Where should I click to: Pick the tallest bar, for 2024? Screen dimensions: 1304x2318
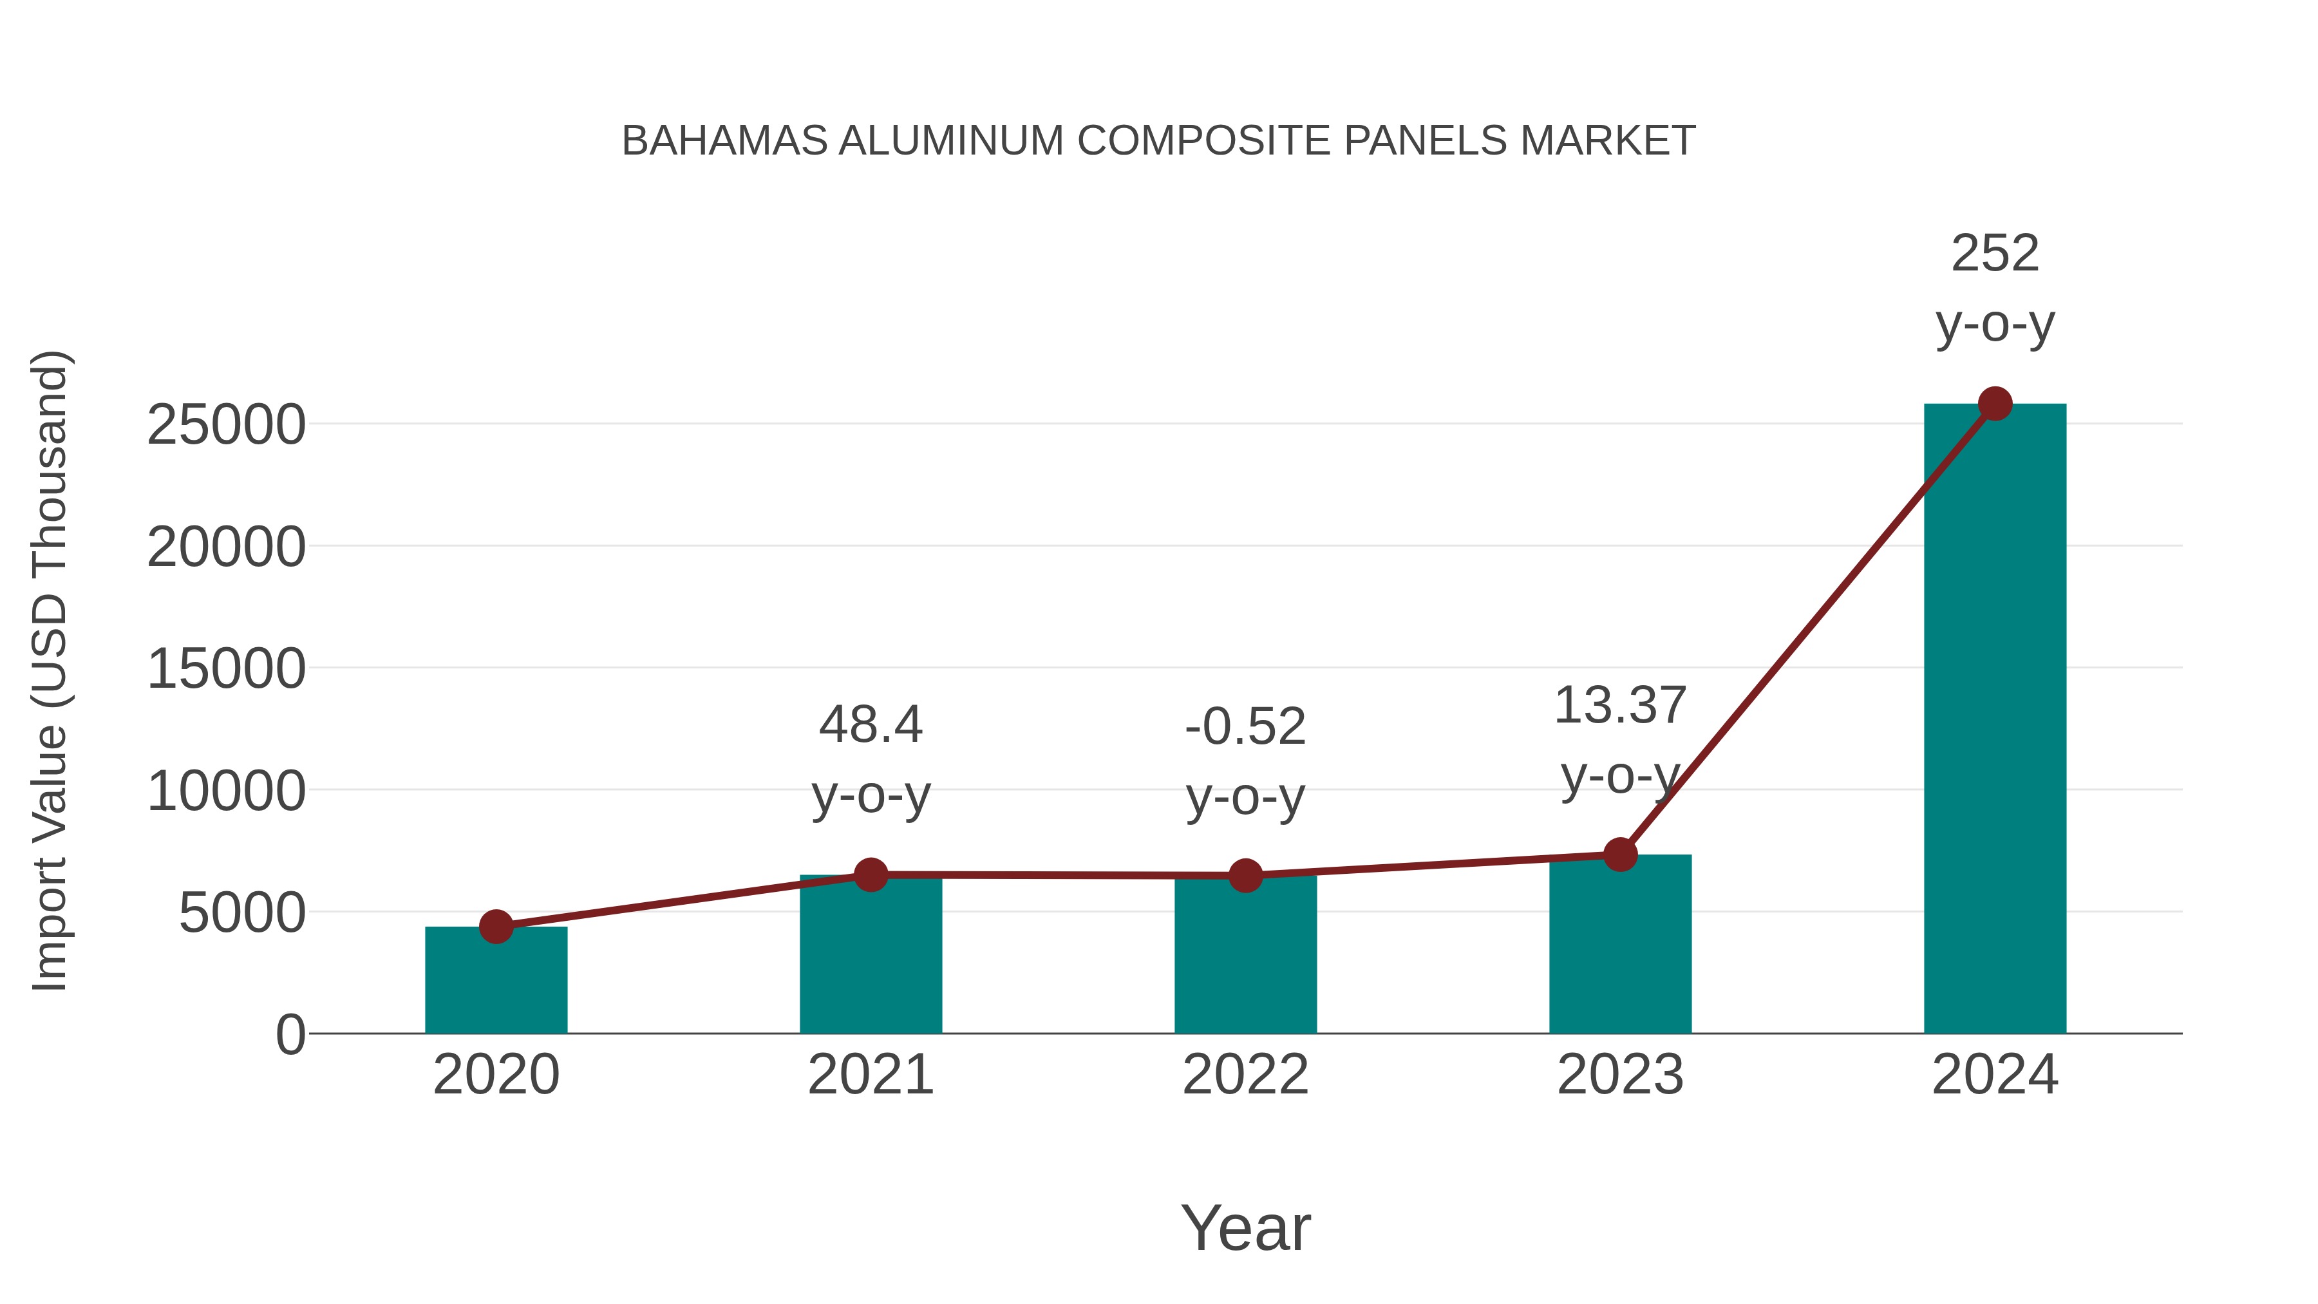click(x=1995, y=720)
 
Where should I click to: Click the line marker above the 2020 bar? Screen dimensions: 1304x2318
click(x=496, y=926)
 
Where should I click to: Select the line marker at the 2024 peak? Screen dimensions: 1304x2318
click(x=1995, y=404)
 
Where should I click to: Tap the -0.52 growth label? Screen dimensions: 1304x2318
click(x=1245, y=726)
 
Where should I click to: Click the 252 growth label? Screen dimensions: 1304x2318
click(x=1995, y=253)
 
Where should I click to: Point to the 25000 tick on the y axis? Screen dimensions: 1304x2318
click(x=226, y=425)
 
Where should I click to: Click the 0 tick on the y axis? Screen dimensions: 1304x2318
click(x=290, y=1035)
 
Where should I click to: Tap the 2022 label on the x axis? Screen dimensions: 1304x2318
click(x=1245, y=1075)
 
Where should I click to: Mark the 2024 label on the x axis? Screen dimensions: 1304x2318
click(x=1995, y=1075)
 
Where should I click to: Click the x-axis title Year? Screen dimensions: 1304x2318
click(x=1245, y=1227)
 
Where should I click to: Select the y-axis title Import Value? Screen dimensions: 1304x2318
click(x=50, y=670)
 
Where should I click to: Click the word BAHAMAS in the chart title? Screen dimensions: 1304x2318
click(x=724, y=140)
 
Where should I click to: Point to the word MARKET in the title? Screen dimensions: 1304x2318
click(x=1607, y=140)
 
